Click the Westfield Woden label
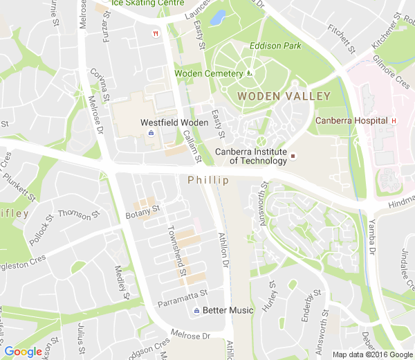(174, 123)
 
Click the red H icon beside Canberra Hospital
(394, 120)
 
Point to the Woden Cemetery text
(208, 73)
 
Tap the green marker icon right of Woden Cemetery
(250, 73)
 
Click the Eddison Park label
(275, 46)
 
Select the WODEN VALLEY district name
(284, 96)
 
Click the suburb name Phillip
(207, 180)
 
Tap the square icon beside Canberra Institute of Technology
(293, 156)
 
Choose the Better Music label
(228, 310)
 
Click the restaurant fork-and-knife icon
(156, 33)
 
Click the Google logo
(24, 352)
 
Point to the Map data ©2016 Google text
(371, 354)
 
